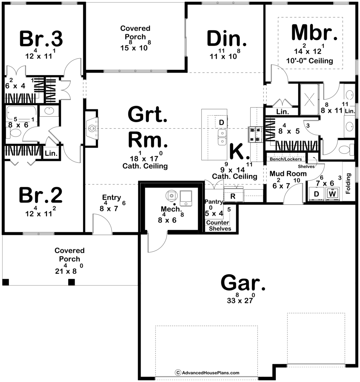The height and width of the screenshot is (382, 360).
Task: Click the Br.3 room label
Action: click(x=41, y=39)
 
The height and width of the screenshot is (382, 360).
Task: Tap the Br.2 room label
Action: click(x=40, y=195)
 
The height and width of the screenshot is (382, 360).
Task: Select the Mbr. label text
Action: click(x=314, y=32)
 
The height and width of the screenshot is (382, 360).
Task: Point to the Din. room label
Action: click(x=227, y=38)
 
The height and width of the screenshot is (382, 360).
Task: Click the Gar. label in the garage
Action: click(x=243, y=283)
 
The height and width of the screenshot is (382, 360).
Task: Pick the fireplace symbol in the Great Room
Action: click(x=91, y=128)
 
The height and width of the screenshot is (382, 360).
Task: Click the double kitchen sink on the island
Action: click(x=222, y=137)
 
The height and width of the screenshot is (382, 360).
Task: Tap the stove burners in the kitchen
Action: click(x=255, y=134)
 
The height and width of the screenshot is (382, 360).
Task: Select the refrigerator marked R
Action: click(x=233, y=196)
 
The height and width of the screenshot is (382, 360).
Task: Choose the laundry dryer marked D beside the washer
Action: click(x=317, y=194)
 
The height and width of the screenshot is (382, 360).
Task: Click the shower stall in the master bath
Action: click(x=309, y=99)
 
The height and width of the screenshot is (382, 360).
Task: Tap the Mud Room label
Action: click(x=288, y=174)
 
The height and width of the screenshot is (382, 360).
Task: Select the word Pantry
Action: click(x=214, y=202)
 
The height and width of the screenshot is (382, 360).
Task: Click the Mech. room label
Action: click(x=171, y=209)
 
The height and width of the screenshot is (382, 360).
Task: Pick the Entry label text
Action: click(x=111, y=197)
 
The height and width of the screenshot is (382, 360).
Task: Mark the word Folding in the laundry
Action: click(x=348, y=184)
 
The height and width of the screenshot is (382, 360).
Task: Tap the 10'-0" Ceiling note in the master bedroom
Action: click(x=309, y=61)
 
